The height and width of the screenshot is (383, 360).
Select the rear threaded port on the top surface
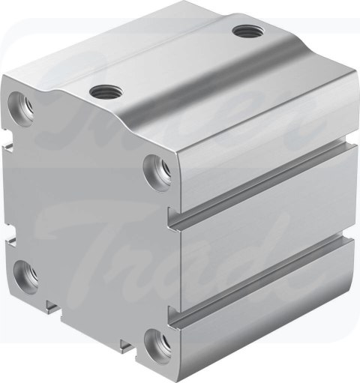tap(244, 31)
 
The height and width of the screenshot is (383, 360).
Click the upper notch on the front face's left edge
tap(10, 139)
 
